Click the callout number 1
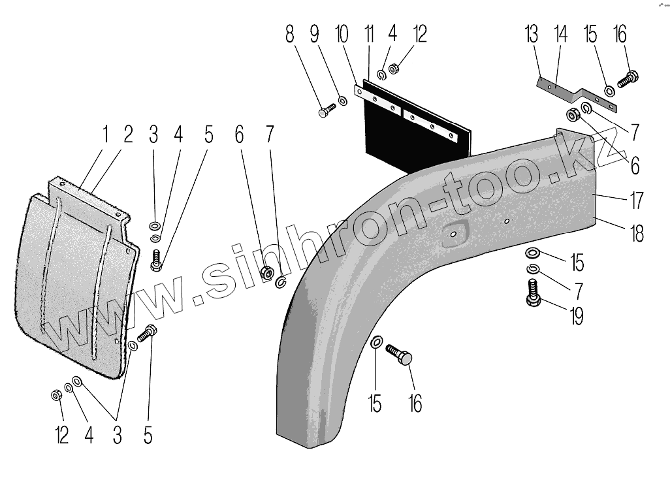pyautogui.click(x=104, y=136)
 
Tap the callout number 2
pyautogui.click(x=128, y=136)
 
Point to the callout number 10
pyautogui.click(x=341, y=34)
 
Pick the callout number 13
pyautogui.click(x=534, y=34)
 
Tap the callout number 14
pyautogui.click(x=560, y=34)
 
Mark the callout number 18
pyautogui.click(x=637, y=233)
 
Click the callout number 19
pyautogui.click(x=575, y=317)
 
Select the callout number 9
pyautogui.click(x=315, y=34)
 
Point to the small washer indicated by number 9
pyautogui.click(x=343, y=102)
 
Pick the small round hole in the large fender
pyautogui.click(x=507, y=221)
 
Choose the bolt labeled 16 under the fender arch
pyautogui.click(x=400, y=355)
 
